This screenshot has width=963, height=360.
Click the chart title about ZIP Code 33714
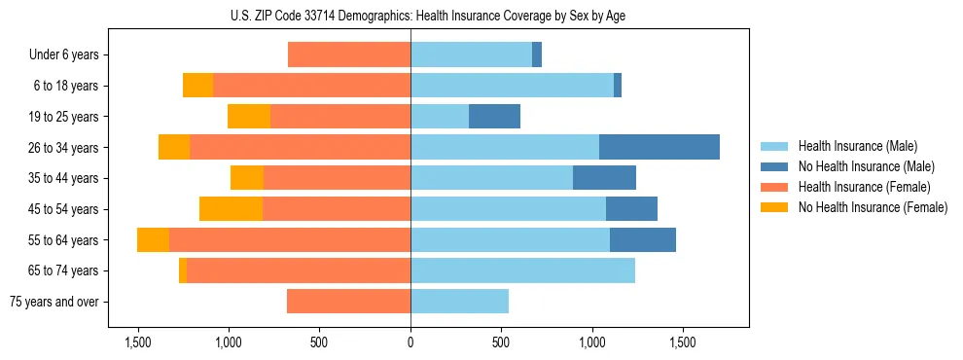pos(410,16)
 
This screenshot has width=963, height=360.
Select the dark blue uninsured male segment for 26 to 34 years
pos(659,147)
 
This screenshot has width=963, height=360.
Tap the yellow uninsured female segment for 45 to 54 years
pos(231,208)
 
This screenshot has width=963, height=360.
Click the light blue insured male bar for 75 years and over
pos(459,302)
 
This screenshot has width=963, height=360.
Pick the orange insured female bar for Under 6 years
pos(349,54)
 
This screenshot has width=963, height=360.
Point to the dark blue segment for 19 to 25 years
pos(494,116)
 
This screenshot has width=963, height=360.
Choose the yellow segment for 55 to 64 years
pos(153,239)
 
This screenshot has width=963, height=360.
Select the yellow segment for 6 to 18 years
pos(197,86)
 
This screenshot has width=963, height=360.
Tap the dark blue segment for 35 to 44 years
pos(604,178)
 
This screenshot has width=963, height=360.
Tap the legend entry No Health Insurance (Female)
pos(873,207)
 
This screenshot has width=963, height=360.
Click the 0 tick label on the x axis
pos(410,342)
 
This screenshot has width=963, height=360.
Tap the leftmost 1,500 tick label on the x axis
pos(137,342)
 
